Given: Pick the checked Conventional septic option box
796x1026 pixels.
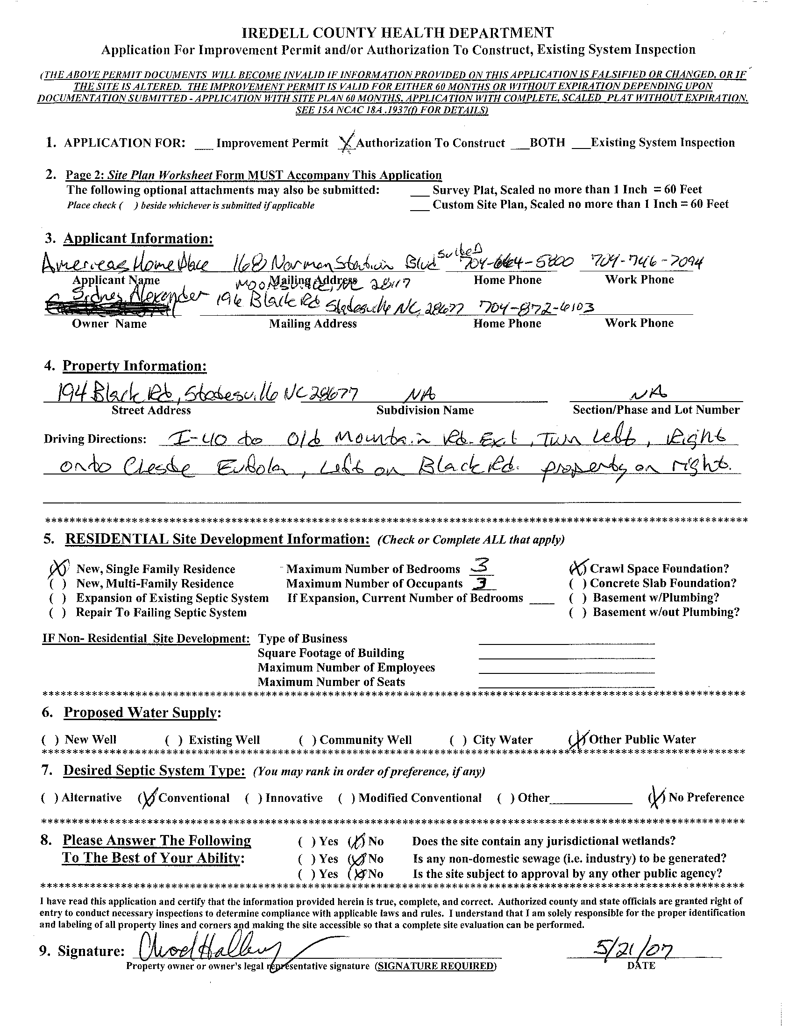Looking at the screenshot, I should point(147,798).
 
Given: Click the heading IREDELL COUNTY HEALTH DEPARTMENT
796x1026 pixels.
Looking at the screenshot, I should point(398,33).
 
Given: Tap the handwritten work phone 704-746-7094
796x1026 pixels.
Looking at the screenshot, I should point(640,263).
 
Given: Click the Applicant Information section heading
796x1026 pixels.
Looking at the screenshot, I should point(138,239).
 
